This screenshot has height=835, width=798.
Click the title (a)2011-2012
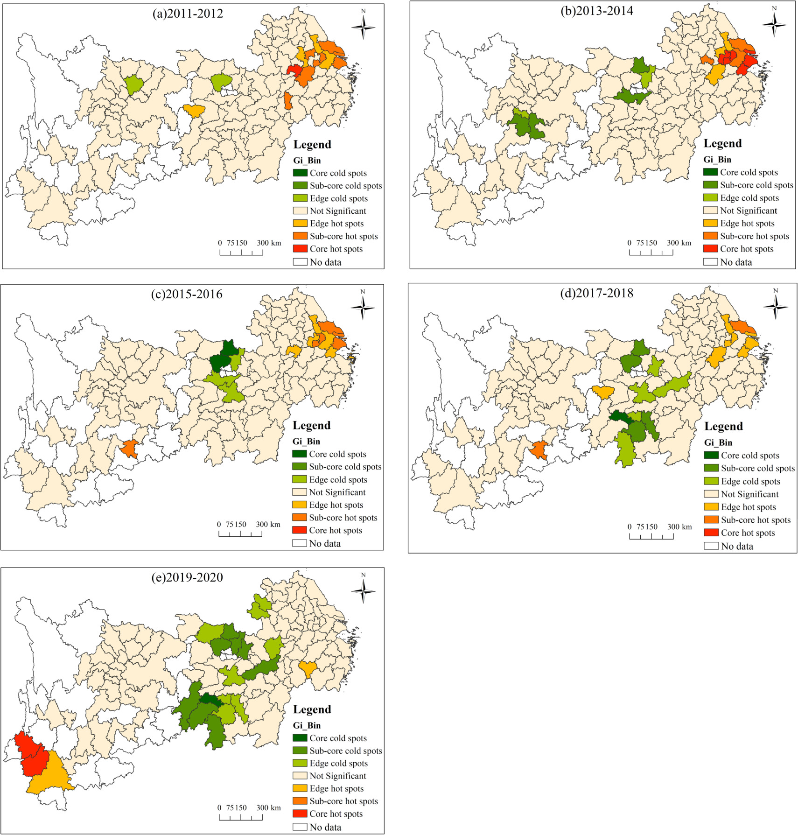[x=188, y=14]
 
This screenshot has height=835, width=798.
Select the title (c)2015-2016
[x=187, y=294]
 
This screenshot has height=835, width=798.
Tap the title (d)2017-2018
[x=597, y=293]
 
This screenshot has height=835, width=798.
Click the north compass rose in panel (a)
[x=363, y=27]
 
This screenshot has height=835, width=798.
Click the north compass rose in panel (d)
[x=776, y=307]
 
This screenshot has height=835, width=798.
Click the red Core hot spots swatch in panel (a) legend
[x=300, y=249]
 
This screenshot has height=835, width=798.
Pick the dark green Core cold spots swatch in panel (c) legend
[x=299, y=454]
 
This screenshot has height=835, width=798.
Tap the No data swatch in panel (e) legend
[x=300, y=827]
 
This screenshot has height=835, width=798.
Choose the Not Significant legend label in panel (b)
[x=748, y=211]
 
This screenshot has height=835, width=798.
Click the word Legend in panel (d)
[x=723, y=426]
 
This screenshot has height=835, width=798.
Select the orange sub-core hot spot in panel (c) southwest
[x=129, y=449]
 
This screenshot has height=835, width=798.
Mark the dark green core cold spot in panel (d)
[x=619, y=417]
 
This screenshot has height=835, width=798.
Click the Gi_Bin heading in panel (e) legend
[x=307, y=725]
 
